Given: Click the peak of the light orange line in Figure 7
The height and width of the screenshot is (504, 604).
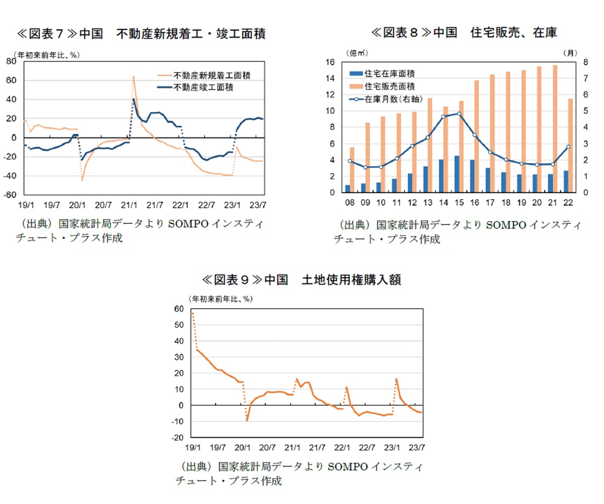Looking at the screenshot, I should point(133,76).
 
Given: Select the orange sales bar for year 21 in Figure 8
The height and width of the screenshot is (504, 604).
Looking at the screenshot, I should point(555,128).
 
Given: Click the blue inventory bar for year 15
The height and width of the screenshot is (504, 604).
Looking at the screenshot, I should point(456,174).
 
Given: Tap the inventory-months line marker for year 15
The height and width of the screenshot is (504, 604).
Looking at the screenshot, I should point(458,113).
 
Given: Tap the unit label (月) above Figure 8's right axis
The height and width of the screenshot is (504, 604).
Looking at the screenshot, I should point(569,53).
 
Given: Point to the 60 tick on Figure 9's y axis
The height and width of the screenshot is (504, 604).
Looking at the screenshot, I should point(179,309).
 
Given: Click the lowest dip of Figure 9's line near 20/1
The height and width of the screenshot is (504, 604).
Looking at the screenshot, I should point(247,420).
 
